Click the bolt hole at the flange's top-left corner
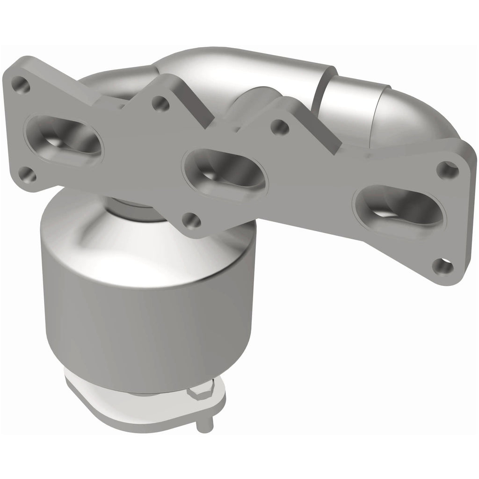click(x=21, y=85)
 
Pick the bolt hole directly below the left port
click(x=28, y=174)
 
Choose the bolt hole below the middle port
click(x=190, y=220)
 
